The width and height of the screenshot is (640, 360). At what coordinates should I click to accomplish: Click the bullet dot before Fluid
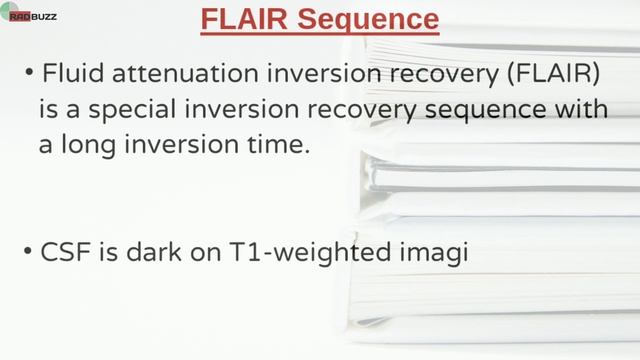tap(29, 73)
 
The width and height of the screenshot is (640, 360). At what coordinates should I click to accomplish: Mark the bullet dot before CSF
tap(29, 251)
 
